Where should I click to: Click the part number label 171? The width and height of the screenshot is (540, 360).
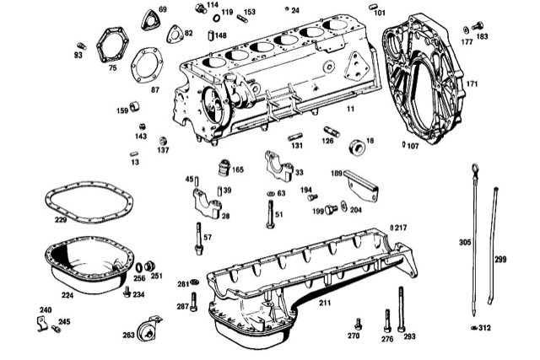pos(472,84)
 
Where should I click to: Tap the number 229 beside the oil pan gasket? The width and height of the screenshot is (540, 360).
pos(60,221)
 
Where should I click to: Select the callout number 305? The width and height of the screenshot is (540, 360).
pos(464,242)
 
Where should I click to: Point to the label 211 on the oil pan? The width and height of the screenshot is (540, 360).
pos(324,302)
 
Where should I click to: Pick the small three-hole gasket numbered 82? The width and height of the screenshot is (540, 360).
pos(175,33)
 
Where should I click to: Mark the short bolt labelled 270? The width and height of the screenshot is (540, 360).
pos(358,322)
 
